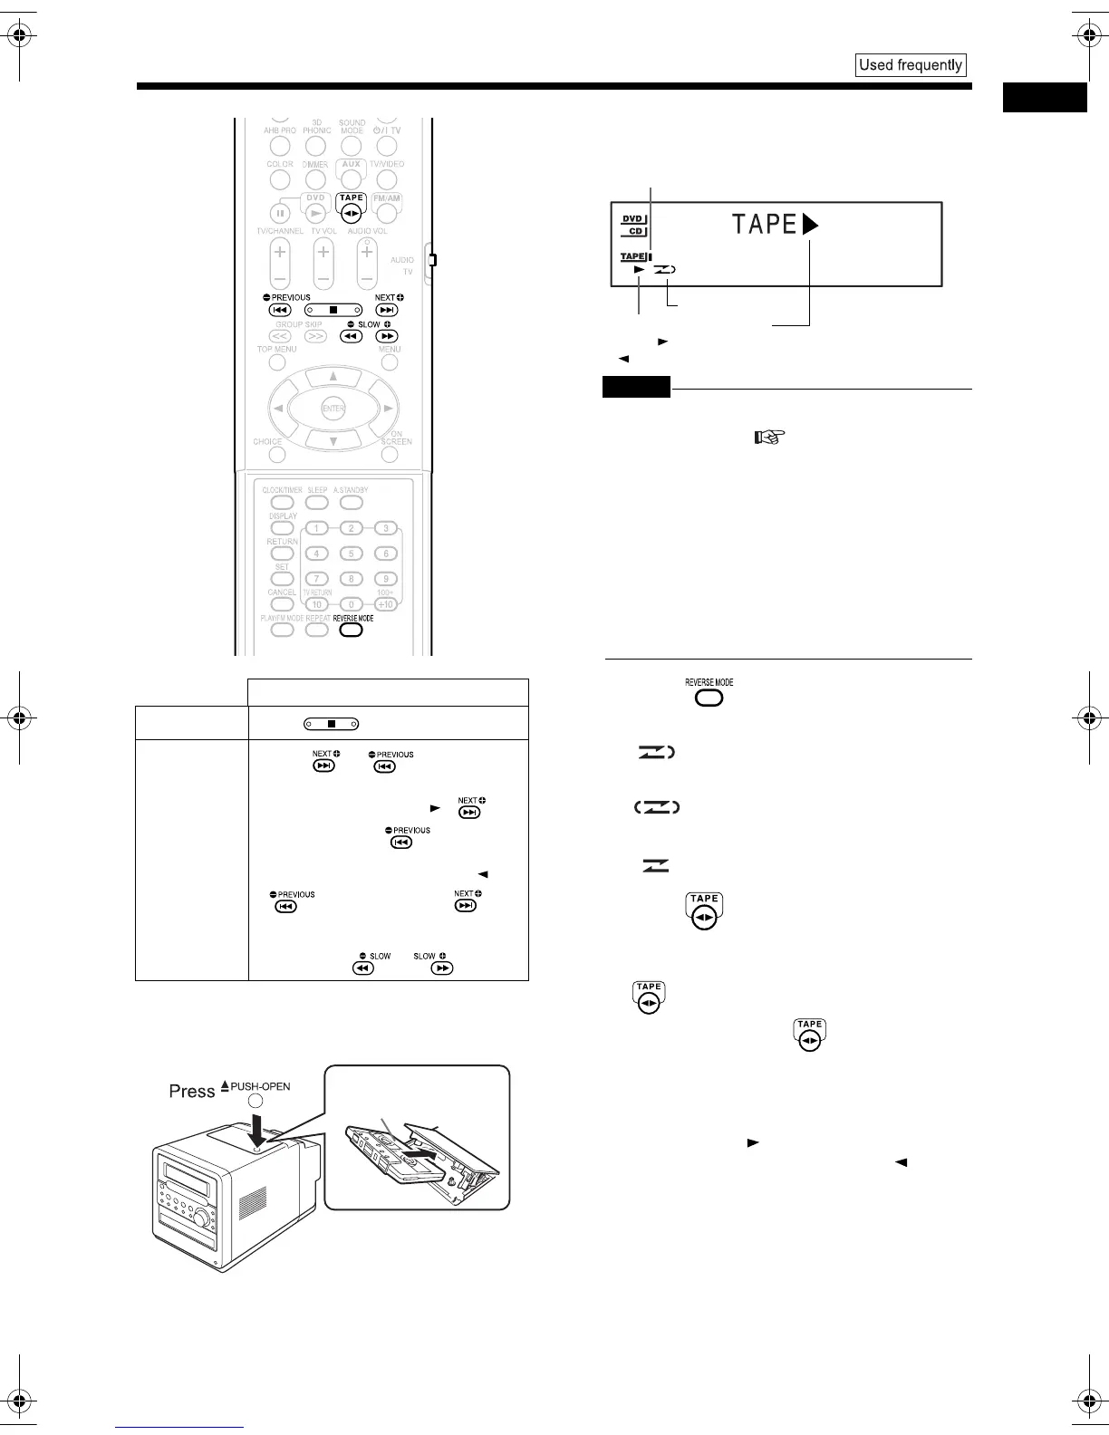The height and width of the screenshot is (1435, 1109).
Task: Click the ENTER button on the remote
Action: tap(333, 409)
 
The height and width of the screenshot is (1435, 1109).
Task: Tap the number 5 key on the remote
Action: tap(351, 554)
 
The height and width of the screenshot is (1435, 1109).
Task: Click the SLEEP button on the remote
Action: tap(316, 502)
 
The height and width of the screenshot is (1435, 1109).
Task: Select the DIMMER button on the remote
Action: tap(315, 178)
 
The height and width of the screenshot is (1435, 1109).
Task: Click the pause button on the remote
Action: tap(280, 214)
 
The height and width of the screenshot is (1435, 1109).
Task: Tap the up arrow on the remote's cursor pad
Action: tap(333, 376)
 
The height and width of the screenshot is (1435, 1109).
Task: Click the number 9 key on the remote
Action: tap(385, 579)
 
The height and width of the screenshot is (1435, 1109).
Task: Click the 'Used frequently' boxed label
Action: tap(911, 65)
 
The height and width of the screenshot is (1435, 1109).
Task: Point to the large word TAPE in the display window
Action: tap(765, 225)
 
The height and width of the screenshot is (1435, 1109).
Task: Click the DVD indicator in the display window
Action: tap(632, 218)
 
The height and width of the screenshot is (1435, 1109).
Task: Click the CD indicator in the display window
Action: tap(635, 231)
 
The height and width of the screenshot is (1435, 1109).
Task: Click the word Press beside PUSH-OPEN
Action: tap(191, 1091)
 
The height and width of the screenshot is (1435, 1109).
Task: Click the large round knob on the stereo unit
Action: tap(201, 1218)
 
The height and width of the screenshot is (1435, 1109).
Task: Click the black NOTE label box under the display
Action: tap(636, 387)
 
